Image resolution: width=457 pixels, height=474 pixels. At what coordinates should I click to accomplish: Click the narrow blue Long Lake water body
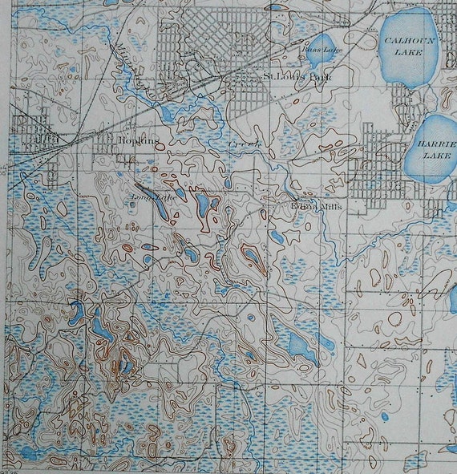tap(160, 208)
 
